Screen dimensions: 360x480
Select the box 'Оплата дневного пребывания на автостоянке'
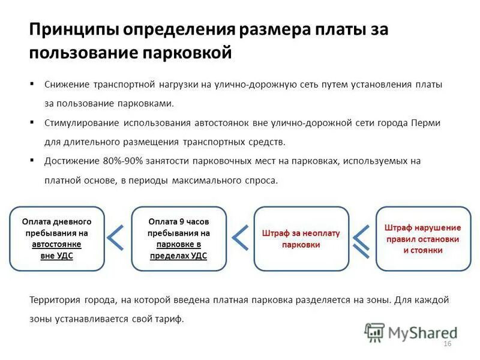click(x=57, y=238)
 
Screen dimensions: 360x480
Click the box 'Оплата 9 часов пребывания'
click(x=179, y=238)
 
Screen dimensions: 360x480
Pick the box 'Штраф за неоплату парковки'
click(x=301, y=238)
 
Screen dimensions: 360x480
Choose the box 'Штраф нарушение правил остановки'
click(x=422, y=238)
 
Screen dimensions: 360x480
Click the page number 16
click(x=446, y=343)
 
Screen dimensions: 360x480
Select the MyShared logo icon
click(x=375, y=331)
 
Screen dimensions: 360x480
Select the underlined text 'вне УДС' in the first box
click(x=56, y=255)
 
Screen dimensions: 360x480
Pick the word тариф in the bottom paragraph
click(x=169, y=319)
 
